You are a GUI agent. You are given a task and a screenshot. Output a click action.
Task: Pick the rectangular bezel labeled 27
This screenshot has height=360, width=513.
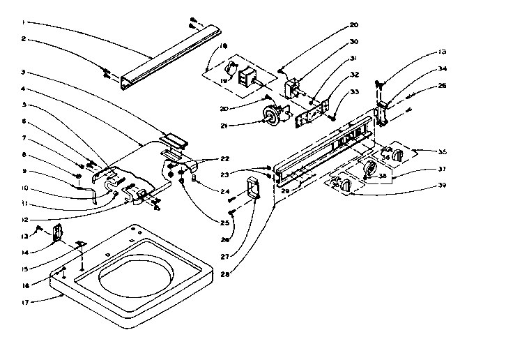coord(252,188)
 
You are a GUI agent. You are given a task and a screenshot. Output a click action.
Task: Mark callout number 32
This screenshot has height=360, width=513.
coord(355,74)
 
